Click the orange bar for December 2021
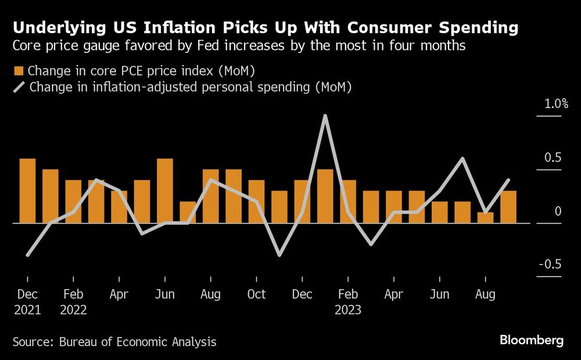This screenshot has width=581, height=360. coord(27,190)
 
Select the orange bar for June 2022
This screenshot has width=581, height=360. coord(165,190)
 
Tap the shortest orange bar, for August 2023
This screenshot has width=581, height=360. coord(485,218)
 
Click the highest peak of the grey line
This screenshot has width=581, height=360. coord(325,116)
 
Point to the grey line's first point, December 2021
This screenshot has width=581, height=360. coord(27,255)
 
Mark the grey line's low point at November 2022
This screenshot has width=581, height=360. coord(279,255)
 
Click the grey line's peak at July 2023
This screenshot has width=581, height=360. coord(462,159)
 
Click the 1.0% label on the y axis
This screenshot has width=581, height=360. coord(555,105)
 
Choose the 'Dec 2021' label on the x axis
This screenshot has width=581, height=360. coord(27,302)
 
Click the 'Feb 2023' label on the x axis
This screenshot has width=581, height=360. coord(348,302)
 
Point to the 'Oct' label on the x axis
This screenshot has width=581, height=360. coord(256,295)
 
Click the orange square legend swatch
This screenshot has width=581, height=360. coord(18,71)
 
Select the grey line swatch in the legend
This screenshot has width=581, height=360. coord(18,87)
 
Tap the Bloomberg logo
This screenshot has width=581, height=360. coord(531,341)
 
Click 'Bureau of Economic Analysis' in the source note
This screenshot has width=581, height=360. coord(138,342)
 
